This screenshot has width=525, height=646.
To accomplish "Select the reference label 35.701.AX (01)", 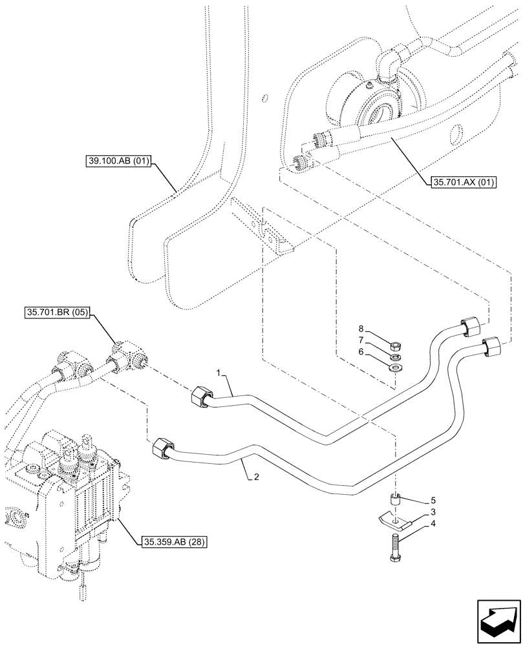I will pos(461,182).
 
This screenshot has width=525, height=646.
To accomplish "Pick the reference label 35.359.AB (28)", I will pos(172,542).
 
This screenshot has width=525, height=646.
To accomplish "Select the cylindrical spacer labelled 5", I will pos(396,500).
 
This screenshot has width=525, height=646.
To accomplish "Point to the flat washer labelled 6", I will pos(396,368).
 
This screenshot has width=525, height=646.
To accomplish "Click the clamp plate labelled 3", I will pos(393,519).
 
